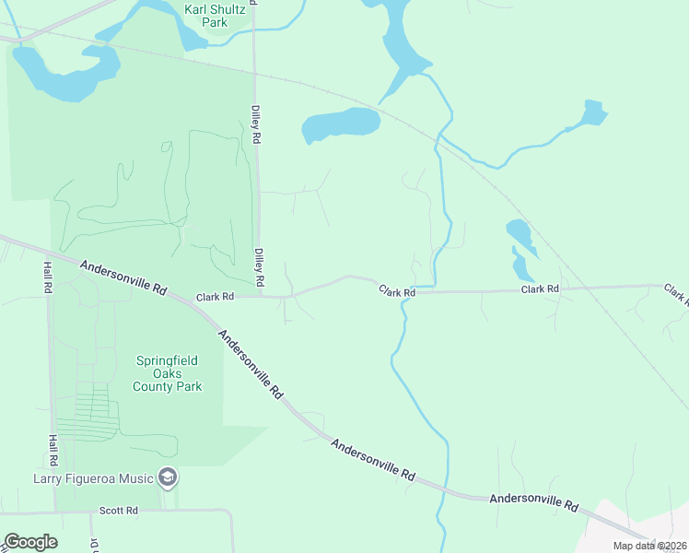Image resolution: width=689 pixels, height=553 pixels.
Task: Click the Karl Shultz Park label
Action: pyautogui.click(x=218, y=17)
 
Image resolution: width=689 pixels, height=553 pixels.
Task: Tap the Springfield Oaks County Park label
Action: pyautogui.click(x=169, y=373)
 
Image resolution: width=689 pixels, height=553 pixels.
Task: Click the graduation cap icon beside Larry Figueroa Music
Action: pyautogui.click(x=169, y=477)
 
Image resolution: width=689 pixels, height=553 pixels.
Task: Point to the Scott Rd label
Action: pyautogui.click(x=118, y=510)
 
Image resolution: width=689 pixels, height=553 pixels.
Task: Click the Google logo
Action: pyautogui.click(x=30, y=542)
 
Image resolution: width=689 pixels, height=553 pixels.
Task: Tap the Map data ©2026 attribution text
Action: pyautogui.click(x=649, y=546)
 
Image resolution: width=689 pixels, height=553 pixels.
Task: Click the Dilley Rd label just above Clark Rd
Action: pyautogui.click(x=260, y=265)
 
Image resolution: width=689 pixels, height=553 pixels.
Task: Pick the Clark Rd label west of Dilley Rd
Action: pyautogui.click(x=216, y=297)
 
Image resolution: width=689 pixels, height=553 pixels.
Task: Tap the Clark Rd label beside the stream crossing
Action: pyautogui.click(x=397, y=291)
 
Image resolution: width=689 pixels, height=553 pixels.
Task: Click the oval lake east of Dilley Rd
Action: pyautogui.click(x=341, y=124)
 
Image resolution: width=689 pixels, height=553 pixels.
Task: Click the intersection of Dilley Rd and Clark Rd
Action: pyautogui.click(x=259, y=297)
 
